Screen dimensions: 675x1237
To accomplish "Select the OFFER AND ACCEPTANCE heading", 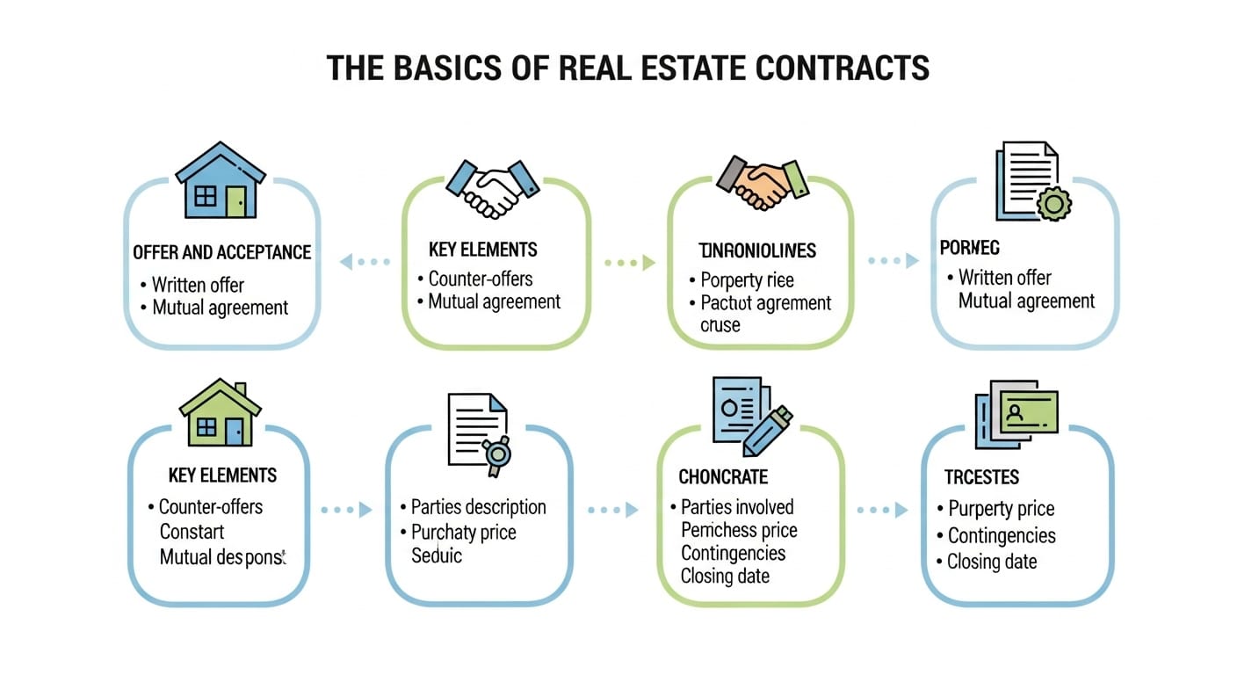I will pyautogui.click(x=221, y=252).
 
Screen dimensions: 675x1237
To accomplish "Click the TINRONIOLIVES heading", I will pyautogui.click(x=757, y=251).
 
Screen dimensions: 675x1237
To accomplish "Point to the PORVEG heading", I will pyautogui.click(x=969, y=249).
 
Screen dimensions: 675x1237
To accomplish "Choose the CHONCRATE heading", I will pyautogui.click(x=723, y=477).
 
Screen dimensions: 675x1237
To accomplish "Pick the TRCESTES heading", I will pyautogui.click(x=981, y=477).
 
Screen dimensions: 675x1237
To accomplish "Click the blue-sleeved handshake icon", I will pyautogui.click(x=493, y=186).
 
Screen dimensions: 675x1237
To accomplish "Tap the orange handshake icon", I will pyautogui.click(x=762, y=183).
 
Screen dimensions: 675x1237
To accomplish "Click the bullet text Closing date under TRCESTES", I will pyautogui.click(x=992, y=562).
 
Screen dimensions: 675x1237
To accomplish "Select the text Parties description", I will pyautogui.click(x=478, y=507).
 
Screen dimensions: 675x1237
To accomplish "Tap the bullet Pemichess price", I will pyautogui.click(x=739, y=530).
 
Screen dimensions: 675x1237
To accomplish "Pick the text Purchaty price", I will pyautogui.click(x=463, y=533).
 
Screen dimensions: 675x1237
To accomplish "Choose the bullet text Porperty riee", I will pyautogui.click(x=747, y=280).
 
